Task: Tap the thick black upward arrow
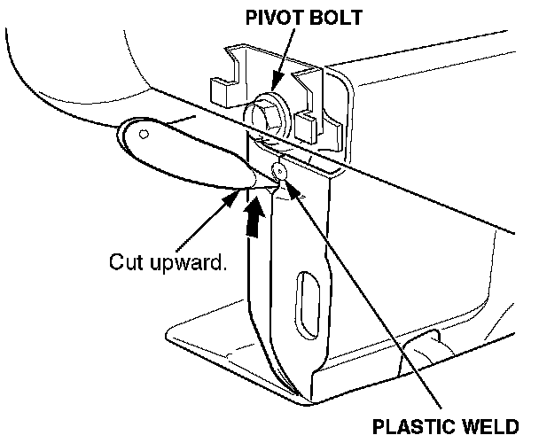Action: click(254, 217)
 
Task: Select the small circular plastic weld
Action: click(279, 169)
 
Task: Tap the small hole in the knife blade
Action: click(144, 134)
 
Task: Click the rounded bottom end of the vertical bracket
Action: click(296, 385)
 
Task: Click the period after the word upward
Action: click(219, 268)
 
